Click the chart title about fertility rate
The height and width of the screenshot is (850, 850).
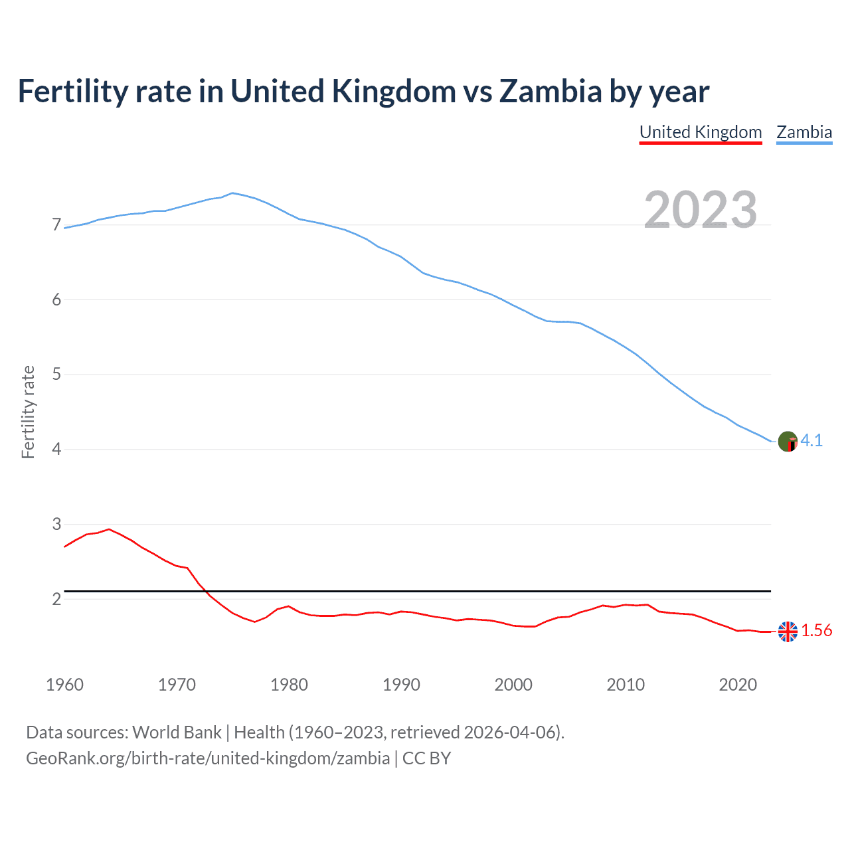(363, 92)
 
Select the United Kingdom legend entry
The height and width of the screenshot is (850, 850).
(701, 132)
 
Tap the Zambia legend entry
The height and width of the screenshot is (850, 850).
(804, 132)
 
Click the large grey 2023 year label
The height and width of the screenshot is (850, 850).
(700, 210)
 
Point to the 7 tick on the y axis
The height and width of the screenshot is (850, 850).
(56, 225)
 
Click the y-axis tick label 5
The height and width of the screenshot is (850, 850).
(56, 375)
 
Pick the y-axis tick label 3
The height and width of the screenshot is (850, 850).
(56, 524)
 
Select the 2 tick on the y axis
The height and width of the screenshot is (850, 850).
(56, 599)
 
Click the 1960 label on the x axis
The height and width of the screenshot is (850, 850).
(64, 685)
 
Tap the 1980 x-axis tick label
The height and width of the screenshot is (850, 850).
(289, 685)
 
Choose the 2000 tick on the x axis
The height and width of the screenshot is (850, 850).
(513, 685)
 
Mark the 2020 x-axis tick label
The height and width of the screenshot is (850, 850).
(738, 685)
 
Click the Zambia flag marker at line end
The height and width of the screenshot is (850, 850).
(788, 442)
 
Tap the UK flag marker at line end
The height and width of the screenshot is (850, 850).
(788, 632)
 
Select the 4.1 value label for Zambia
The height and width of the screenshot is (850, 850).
(811, 441)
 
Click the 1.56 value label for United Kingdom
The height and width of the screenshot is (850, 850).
(816, 631)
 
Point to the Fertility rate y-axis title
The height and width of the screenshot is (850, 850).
(28, 412)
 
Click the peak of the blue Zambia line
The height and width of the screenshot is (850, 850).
(232, 193)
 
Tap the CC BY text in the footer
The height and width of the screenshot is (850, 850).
(426, 758)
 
